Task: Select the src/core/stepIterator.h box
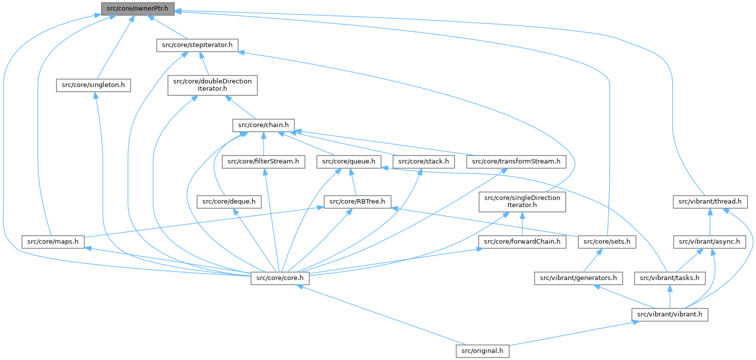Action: click(x=197, y=45)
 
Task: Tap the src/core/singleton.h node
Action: click(x=93, y=85)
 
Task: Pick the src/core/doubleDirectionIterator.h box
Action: click(x=212, y=85)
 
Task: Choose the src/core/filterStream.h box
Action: click(x=264, y=161)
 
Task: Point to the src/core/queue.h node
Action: click(x=351, y=161)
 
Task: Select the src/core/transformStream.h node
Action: click(x=516, y=161)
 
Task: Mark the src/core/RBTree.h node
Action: click(x=357, y=201)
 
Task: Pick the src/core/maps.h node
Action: click(x=53, y=242)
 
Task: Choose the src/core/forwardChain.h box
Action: click(x=522, y=242)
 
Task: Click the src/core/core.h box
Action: click(x=280, y=278)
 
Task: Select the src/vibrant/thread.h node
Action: click(x=710, y=201)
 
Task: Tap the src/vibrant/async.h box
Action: click(x=710, y=242)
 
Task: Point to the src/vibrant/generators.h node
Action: click(x=578, y=278)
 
